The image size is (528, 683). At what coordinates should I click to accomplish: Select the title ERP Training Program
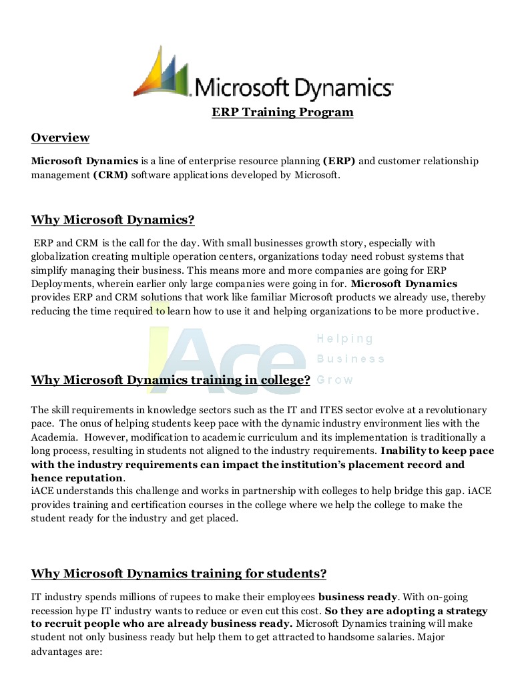282,112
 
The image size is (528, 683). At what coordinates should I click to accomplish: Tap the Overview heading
60,138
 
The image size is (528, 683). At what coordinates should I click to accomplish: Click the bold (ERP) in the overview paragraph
339,161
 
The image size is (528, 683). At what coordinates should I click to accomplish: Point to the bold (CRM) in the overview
111,175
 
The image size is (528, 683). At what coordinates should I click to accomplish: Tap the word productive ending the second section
455,311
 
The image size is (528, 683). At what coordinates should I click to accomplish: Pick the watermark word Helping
345,339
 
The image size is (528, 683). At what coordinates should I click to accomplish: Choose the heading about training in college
170,381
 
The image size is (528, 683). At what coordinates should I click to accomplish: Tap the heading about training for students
178,574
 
